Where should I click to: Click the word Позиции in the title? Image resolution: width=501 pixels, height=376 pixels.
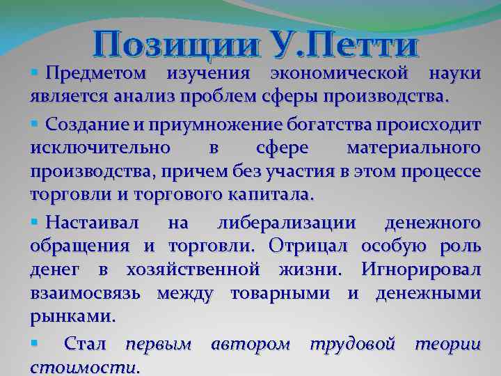click(x=161, y=45)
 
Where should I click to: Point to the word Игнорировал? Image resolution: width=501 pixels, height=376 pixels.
click(x=420, y=269)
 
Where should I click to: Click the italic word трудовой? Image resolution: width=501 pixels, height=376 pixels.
click(x=352, y=343)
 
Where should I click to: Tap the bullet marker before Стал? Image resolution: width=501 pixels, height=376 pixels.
click(x=35, y=343)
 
